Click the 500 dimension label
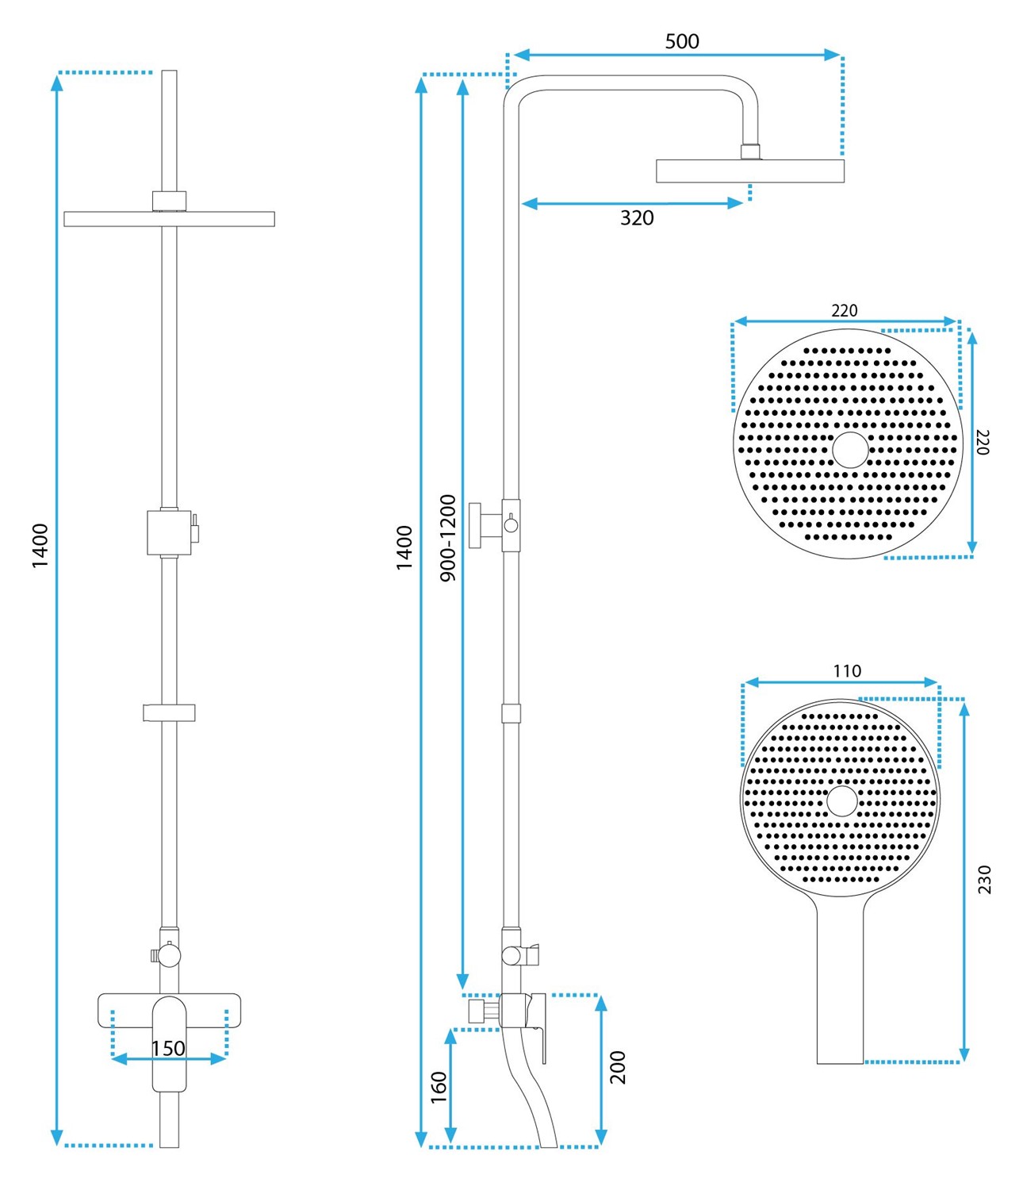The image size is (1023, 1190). coord(681,41)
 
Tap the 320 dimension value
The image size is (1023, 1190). coord(637,218)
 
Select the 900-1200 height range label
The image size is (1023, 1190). coord(448,538)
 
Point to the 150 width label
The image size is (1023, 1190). coord(168,1049)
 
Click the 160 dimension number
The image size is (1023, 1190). coord(439,1087)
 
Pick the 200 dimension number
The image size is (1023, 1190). coord(618,1067)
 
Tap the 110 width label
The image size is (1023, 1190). coord(846,671)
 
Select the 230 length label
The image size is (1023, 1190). coord(984,880)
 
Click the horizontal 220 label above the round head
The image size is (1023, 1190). coord(844,311)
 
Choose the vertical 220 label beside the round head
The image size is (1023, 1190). coord(983,442)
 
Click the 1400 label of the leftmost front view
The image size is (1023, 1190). coord(40,546)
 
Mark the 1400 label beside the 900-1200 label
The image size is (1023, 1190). coord(404,547)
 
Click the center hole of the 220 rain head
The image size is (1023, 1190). coord(850,449)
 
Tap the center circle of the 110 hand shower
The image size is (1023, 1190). coord(841,801)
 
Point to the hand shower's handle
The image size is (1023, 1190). coord(841,984)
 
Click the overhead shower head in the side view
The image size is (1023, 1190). coord(749,171)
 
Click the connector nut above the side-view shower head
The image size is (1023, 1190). coord(750,152)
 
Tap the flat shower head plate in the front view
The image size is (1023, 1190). coord(169,219)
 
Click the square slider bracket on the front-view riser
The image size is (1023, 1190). coord(169,532)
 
